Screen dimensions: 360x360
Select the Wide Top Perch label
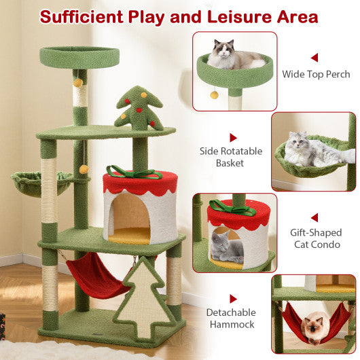[x=317, y=74]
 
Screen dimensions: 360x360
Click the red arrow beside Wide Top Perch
[x=314, y=58]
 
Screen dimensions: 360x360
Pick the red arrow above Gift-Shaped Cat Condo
[x=314, y=217]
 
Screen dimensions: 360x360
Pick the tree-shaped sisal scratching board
[x=145, y=292]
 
